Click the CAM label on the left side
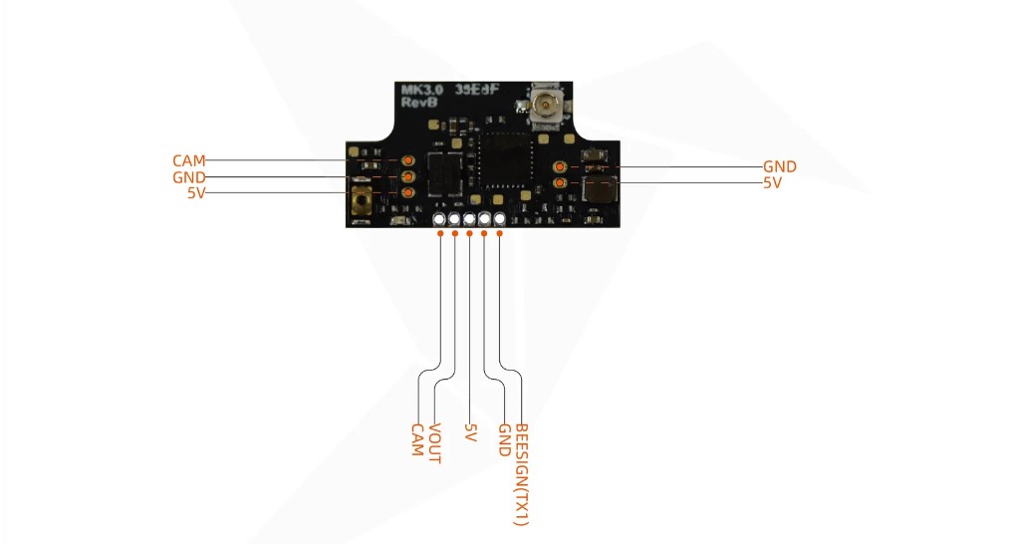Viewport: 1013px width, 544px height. [x=188, y=160]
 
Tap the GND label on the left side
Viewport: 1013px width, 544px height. [x=188, y=177]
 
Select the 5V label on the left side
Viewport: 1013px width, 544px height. [x=196, y=192]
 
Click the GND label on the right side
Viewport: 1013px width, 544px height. [x=780, y=166]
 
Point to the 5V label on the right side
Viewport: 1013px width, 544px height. [x=773, y=183]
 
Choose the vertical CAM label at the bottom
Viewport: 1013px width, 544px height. [x=418, y=440]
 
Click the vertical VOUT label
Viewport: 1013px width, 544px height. [x=435, y=443]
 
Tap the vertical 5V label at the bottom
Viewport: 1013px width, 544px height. [x=470, y=432]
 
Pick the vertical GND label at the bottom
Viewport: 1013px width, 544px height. [x=505, y=440]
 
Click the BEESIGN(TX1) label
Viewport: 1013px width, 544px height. [x=521, y=475]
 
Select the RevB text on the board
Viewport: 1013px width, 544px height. [x=418, y=102]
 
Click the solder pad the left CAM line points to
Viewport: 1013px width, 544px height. [x=408, y=160]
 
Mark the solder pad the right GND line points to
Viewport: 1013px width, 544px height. [x=560, y=166]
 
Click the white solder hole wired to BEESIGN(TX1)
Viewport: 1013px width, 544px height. [x=499, y=219]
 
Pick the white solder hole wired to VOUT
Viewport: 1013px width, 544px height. [x=454, y=219]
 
